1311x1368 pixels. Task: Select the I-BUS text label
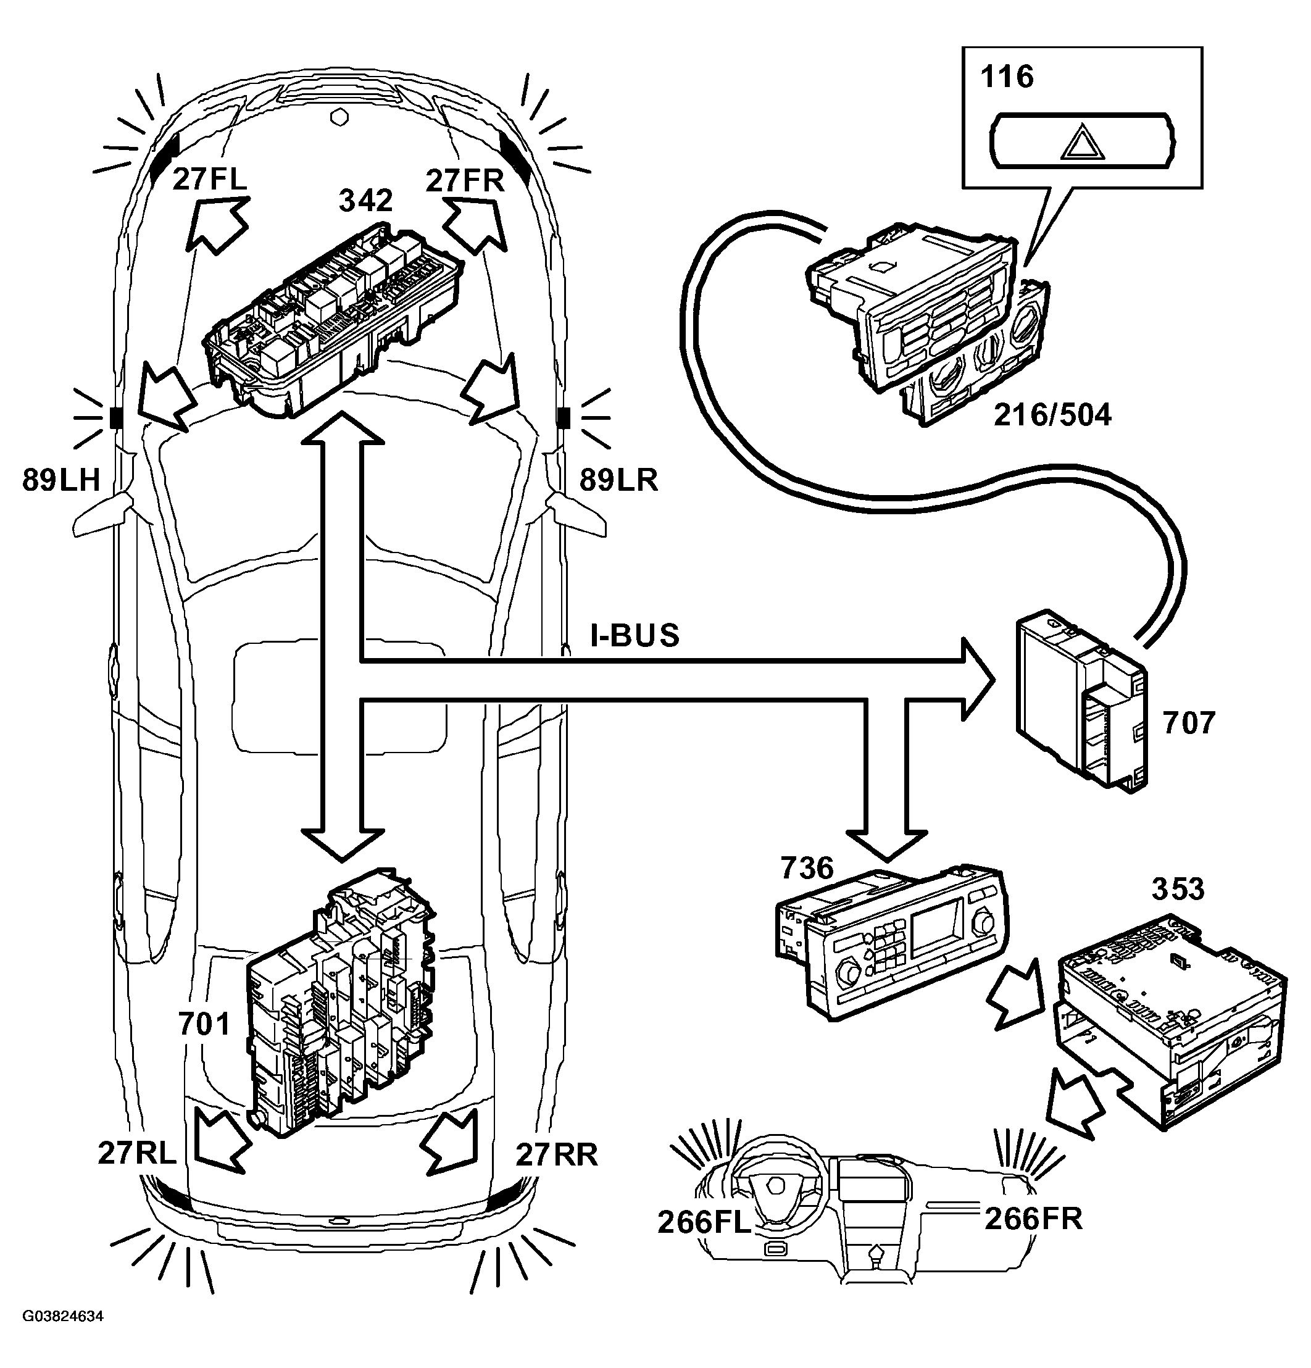tap(635, 635)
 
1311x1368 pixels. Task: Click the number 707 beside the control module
tap(1189, 723)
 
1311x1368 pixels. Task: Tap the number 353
tap(1178, 889)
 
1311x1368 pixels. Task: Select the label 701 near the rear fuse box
tap(204, 1024)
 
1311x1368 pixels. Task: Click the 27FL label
tap(209, 180)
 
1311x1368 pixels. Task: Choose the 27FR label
tap(465, 181)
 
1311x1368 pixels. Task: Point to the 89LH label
tap(61, 480)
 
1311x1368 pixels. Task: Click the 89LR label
tap(619, 480)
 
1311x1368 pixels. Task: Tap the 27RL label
tap(138, 1153)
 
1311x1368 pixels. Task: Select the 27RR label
tap(557, 1154)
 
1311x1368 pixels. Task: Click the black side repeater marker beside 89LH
tap(116, 418)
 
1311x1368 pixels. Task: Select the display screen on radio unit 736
tap(937, 929)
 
